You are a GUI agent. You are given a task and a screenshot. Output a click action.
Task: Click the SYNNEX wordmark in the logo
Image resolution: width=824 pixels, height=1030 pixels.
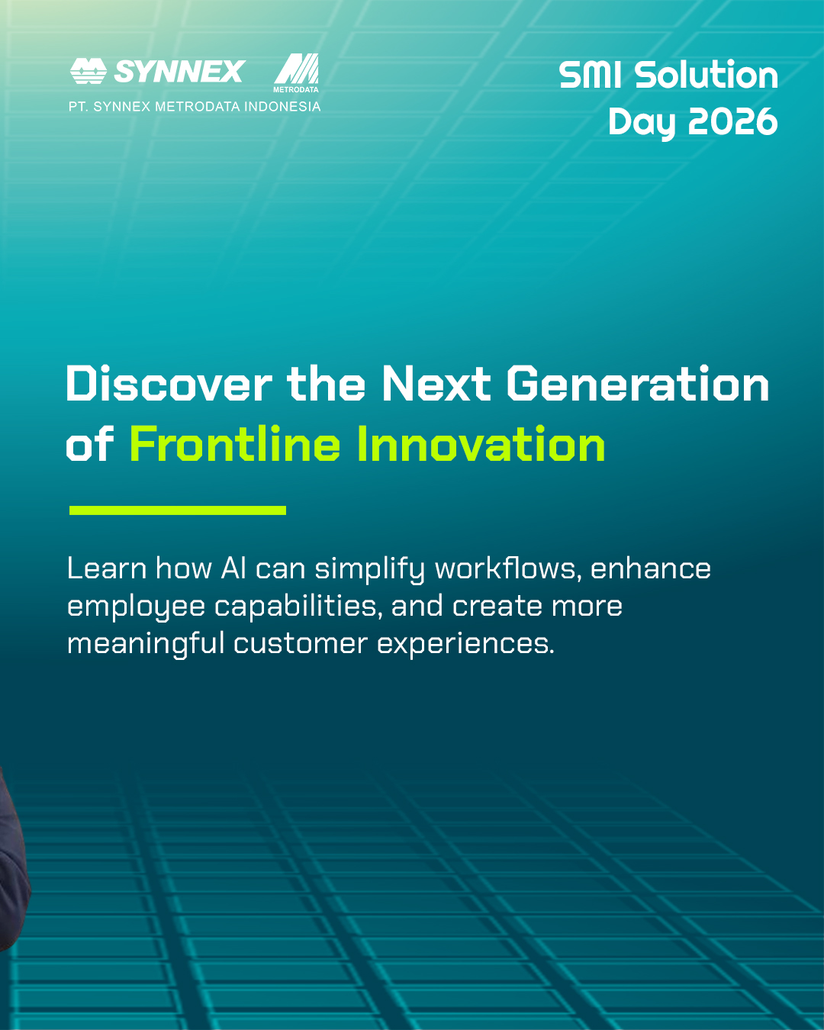click(179, 71)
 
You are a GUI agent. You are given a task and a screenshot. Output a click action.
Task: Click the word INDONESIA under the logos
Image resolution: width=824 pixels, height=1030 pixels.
click(282, 106)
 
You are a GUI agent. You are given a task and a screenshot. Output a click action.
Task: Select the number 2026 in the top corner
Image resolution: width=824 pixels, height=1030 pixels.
click(732, 121)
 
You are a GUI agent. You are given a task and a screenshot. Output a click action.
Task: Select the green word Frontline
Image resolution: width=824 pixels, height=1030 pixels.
click(234, 444)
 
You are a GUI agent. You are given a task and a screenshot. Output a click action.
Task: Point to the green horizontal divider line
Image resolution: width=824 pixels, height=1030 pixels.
click(178, 510)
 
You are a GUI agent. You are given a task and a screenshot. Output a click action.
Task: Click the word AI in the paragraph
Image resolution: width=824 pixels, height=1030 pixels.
click(233, 568)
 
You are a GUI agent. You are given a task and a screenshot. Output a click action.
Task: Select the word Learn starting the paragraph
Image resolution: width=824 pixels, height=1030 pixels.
click(107, 568)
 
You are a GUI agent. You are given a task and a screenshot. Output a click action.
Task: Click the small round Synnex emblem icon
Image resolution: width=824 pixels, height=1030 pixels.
click(88, 71)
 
